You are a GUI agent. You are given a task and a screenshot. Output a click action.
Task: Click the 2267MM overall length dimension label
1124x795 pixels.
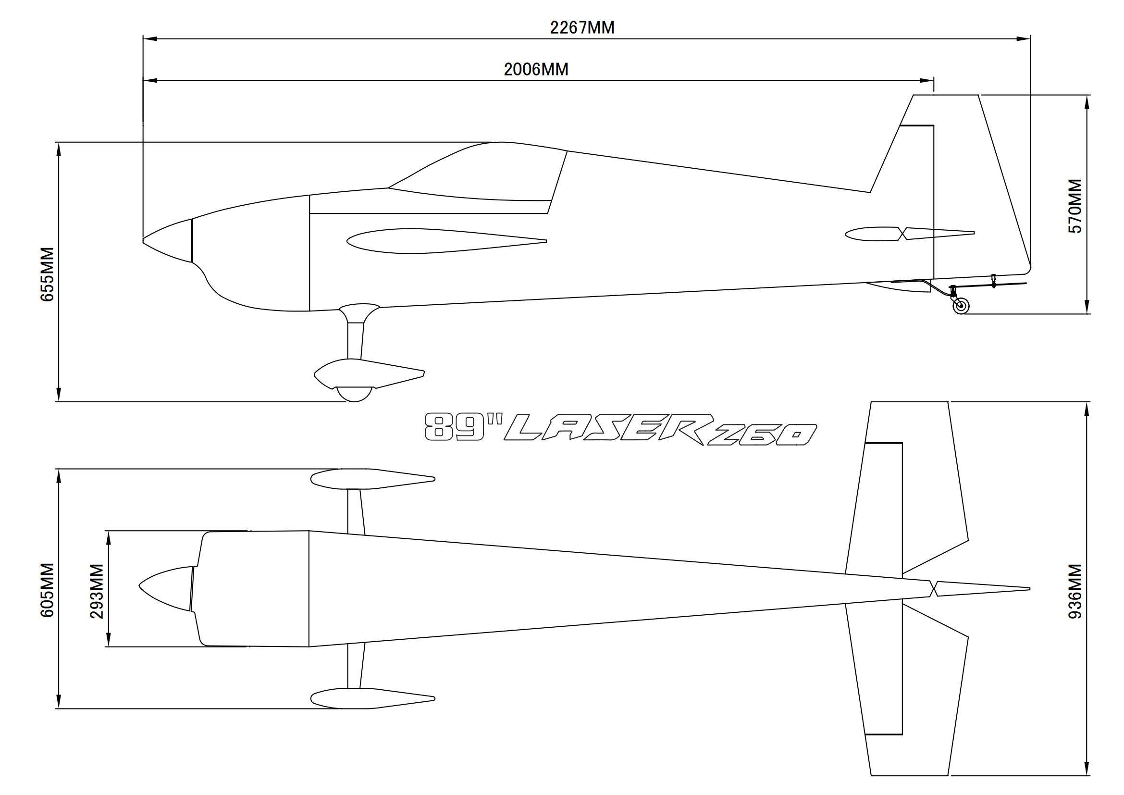pyautogui.click(x=582, y=28)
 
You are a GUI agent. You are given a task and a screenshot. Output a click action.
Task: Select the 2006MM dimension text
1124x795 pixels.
pyautogui.click(x=537, y=70)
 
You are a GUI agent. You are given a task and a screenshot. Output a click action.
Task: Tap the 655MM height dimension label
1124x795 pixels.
pyautogui.click(x=48, y=274)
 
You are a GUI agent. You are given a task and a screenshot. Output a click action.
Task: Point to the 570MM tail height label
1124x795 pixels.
pyautogui.click(x=1075, y=206)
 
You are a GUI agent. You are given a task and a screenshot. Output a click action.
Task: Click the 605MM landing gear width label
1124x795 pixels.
pyautogui.click(x=48, y=590)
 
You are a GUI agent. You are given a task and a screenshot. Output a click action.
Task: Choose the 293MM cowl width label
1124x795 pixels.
pyautogui.click(x=97, y=591)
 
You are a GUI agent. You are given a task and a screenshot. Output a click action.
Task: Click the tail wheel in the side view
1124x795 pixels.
pyautogui.click(x=961, y=307)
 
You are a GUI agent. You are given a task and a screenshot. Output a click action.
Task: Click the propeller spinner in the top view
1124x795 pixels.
pyautogui.click(x=165, y=588)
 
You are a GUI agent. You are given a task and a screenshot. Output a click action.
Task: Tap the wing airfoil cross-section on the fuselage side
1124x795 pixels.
pyautogui.click(x=446, y=241)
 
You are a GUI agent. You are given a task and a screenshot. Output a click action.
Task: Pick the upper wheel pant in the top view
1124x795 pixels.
pyautogui.click(x=372, y=479)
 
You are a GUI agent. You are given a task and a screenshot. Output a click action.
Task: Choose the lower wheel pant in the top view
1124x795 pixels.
pyautogui.click(x=372, y=698)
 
